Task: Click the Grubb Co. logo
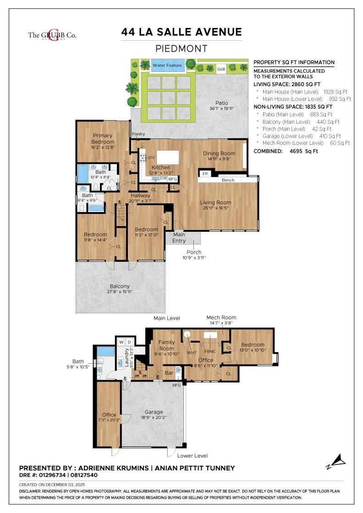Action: pos(52,35)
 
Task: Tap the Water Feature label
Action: pos(167,65)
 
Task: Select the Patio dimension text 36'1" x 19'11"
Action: pos(222,109)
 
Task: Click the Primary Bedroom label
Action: pos(103,139)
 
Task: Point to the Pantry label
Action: pos(138,134)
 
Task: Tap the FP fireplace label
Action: pos(205,174)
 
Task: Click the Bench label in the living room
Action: pos(228,180)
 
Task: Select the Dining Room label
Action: pos(219,153)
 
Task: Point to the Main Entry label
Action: pos(179,238)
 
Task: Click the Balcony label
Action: pos(119,286)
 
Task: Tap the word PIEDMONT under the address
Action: pos(181,49)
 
